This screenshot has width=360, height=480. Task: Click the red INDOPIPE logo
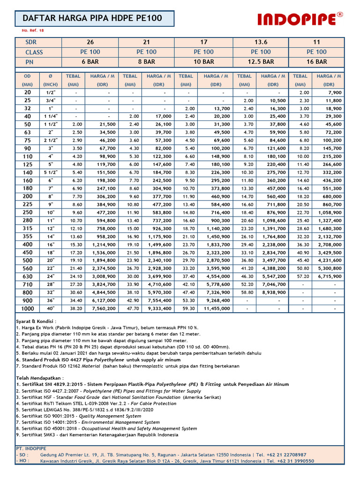click(300, 19)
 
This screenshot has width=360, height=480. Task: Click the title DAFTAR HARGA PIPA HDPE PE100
click(93, 19)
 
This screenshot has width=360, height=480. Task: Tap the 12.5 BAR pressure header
click(261, 61)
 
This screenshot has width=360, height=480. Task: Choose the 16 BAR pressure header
click(316, 61)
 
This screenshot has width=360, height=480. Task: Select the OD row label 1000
click(28, 308)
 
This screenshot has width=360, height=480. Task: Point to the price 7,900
click(333, 93)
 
